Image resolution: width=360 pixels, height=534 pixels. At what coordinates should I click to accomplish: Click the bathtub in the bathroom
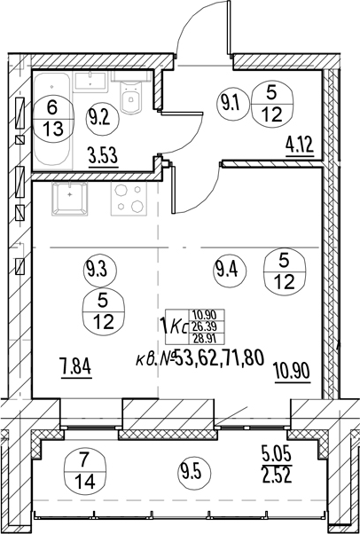[53, 122]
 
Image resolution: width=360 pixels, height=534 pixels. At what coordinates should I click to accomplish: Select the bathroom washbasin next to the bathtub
[90, 82]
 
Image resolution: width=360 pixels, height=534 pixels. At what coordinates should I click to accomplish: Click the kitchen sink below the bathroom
[70, 199]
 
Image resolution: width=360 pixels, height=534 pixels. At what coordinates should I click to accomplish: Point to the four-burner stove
[129, 199]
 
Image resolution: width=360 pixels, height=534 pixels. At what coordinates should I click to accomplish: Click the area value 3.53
[104, 159]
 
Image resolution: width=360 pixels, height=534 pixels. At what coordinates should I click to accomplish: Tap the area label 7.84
[76, 369]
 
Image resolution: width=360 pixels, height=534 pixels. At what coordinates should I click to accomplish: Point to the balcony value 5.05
[277, 456]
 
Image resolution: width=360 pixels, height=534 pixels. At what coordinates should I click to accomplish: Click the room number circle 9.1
[235, 103]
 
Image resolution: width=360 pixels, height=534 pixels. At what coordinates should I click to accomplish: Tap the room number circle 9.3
[100, 271]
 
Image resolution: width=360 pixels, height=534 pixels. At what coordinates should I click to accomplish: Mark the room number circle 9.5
[194, 473]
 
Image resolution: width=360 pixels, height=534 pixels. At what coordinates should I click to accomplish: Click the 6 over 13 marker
[53, 119]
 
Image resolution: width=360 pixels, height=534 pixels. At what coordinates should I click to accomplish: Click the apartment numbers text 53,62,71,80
[219, 359]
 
